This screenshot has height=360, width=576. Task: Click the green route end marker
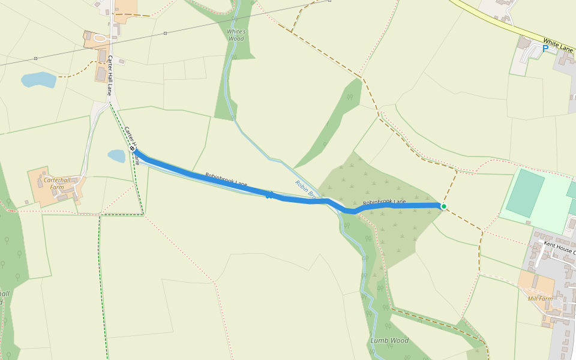point(443,206)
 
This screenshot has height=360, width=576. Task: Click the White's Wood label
point(236,35)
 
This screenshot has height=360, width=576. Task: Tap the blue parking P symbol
point(545,49)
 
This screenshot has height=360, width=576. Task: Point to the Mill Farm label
point(539,298)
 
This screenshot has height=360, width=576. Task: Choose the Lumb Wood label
point(389,341)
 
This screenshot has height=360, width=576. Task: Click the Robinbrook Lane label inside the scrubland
point(384,202)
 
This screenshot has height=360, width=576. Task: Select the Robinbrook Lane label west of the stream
point(226,179)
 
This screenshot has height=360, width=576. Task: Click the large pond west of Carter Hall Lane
point(38,80)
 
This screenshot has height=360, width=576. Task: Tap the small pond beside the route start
point(116,156)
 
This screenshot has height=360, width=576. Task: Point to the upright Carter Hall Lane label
point(110,76)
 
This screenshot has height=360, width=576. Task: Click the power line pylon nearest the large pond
point(35,58)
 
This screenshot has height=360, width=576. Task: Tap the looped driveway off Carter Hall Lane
point(100,38)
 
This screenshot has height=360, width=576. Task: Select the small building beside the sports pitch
point(571,224)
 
